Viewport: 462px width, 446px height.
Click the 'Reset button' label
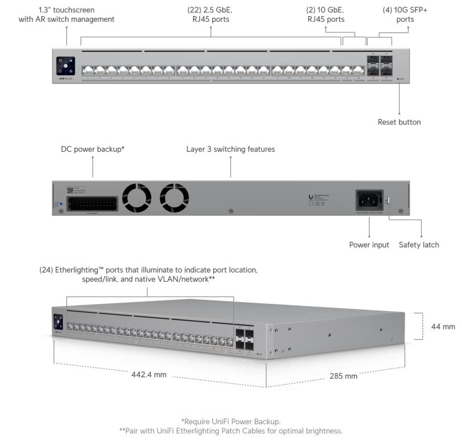tap(399, 122)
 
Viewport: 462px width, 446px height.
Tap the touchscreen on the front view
tap(65, 66)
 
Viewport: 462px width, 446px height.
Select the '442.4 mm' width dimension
tap(149, 375)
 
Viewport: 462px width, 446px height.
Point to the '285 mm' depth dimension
tap(343, 376)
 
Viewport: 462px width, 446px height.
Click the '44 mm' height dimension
tap(443, 326)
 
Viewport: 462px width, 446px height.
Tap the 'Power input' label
tap(369, 245)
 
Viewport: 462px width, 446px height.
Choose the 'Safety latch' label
tap(418, 245)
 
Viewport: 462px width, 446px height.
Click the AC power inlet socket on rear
tap(369, 199)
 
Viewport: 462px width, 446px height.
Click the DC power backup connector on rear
tap(92, 203)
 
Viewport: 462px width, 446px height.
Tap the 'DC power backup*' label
tap(93, 149)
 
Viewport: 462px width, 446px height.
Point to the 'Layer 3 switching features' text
tap(230, 149)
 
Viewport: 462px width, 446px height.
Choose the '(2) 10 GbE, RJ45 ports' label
tap(326, 14)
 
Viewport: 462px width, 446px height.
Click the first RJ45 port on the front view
tap(88, 70)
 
